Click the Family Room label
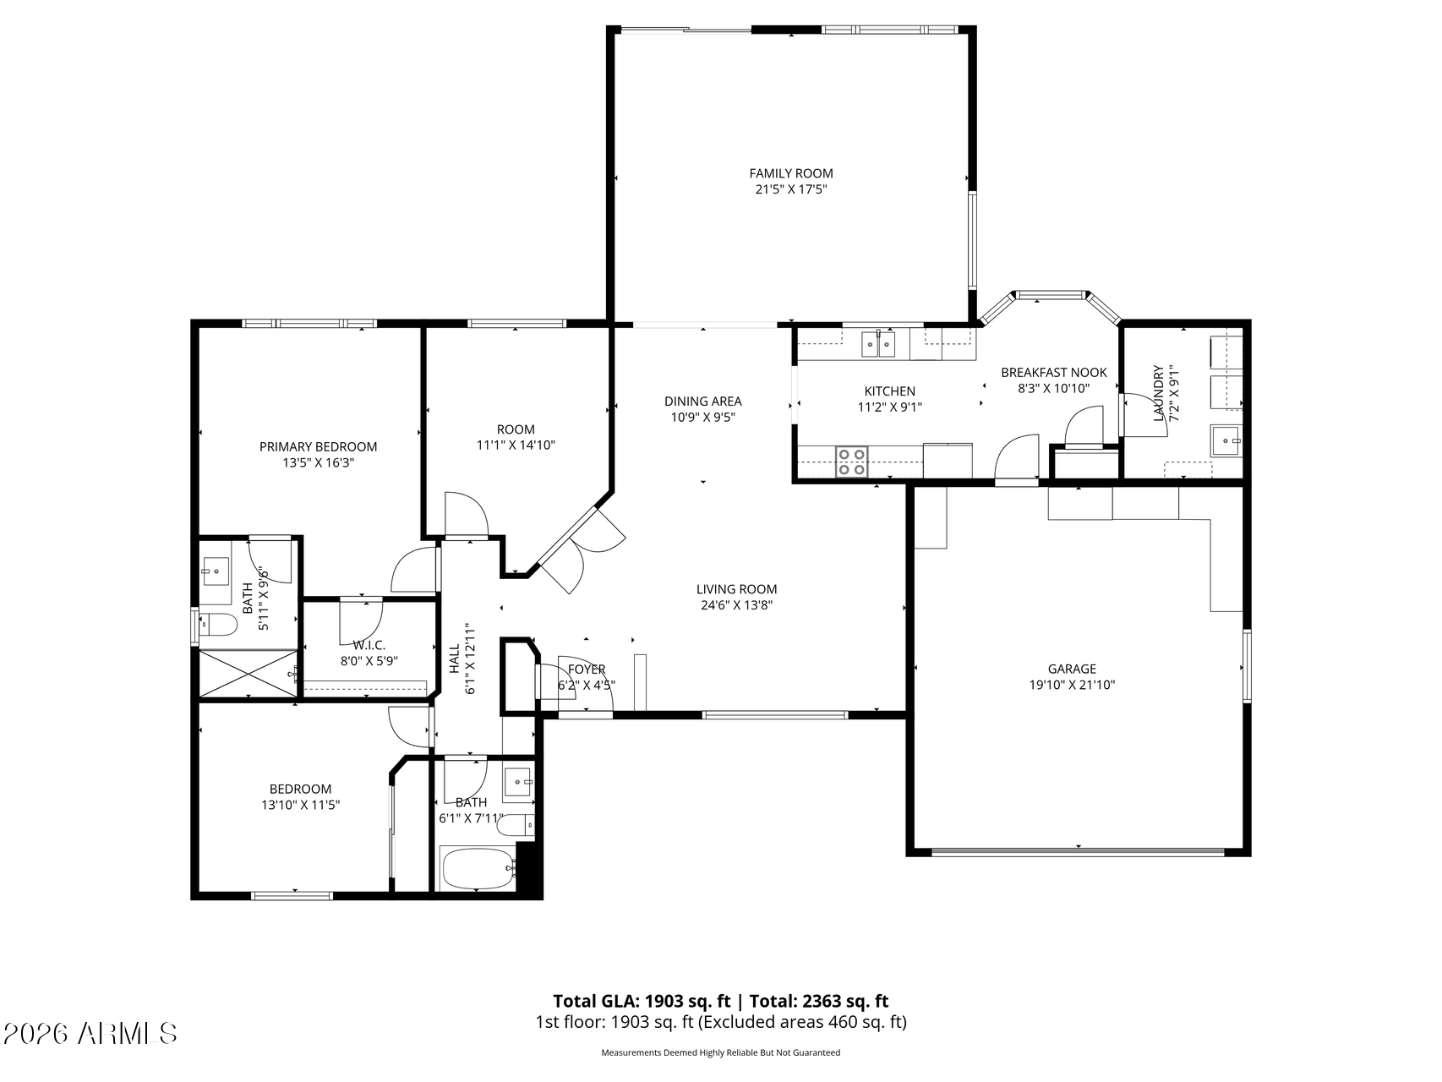pos(790,173)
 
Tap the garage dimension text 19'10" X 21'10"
pos(1072,685)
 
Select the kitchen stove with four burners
pos(851,462)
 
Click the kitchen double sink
pos(878,344)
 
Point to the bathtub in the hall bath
pos(478,868)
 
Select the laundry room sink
pos(1226,440)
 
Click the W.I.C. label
pos(369,645)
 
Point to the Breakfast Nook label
pos(1053,372)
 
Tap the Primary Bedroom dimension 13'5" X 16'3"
pos(318,462)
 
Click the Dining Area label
pos(702,401)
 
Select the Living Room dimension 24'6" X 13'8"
pos(736,604)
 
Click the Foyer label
pos(587,669)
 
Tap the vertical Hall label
pos(455,659)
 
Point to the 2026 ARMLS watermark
pos(90,1033)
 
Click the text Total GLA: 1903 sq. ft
pos(642,1002)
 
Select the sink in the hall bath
pos(518,783)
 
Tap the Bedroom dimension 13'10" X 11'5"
pos(300,806)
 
